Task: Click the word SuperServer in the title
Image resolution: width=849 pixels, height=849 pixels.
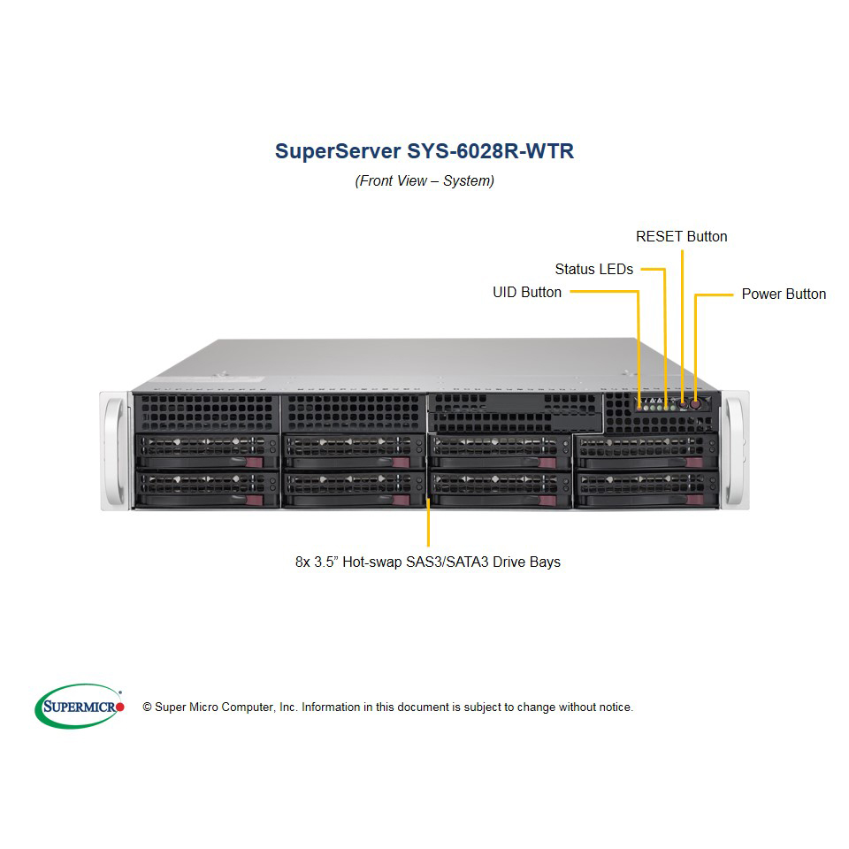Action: [338, 151]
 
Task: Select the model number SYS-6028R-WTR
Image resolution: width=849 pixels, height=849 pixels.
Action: [491, 151]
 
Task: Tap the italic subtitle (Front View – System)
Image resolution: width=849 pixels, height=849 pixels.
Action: [424, 180]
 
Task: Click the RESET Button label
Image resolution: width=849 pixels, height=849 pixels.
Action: [681, 237]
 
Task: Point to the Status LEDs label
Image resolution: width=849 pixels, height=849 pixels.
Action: [594, 269]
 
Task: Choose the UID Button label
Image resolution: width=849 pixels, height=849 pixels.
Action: [527, 293]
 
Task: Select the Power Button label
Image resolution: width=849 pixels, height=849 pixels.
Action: [784, 294]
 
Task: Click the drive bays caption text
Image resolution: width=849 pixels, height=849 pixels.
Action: [428, 562]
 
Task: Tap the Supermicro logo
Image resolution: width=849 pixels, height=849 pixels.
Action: [80, 706]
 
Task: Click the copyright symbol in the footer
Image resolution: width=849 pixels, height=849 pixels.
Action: [147, 707]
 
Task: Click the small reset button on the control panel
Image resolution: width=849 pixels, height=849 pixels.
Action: [683, 404]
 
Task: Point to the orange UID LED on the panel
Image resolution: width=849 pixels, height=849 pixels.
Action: [639, 407]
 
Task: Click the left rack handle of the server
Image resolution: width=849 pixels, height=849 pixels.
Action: [115, 450]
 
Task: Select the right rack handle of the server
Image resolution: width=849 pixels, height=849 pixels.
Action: [735, 450]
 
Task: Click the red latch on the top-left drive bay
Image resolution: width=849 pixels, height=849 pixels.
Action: [254, 462]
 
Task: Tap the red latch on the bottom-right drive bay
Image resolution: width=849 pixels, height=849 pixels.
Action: [695, 500]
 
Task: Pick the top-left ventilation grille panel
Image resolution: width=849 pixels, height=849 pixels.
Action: [207, 413]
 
